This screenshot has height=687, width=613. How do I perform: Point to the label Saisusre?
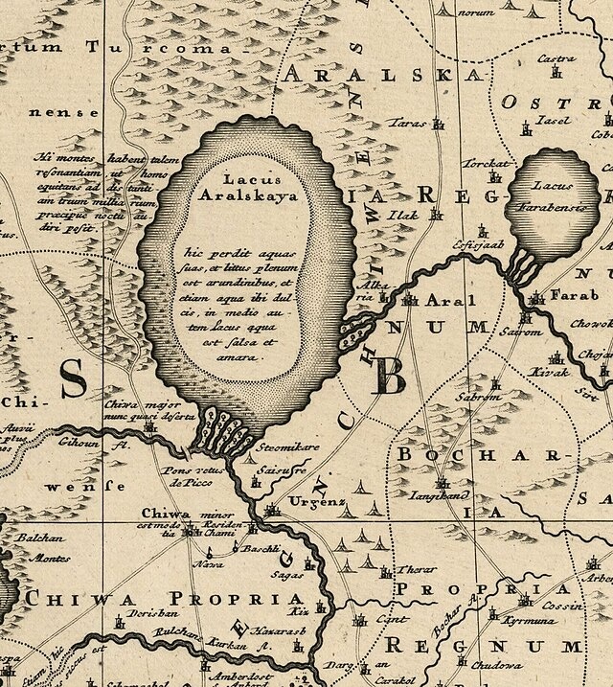pyautogui.click(x=278, y=471)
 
